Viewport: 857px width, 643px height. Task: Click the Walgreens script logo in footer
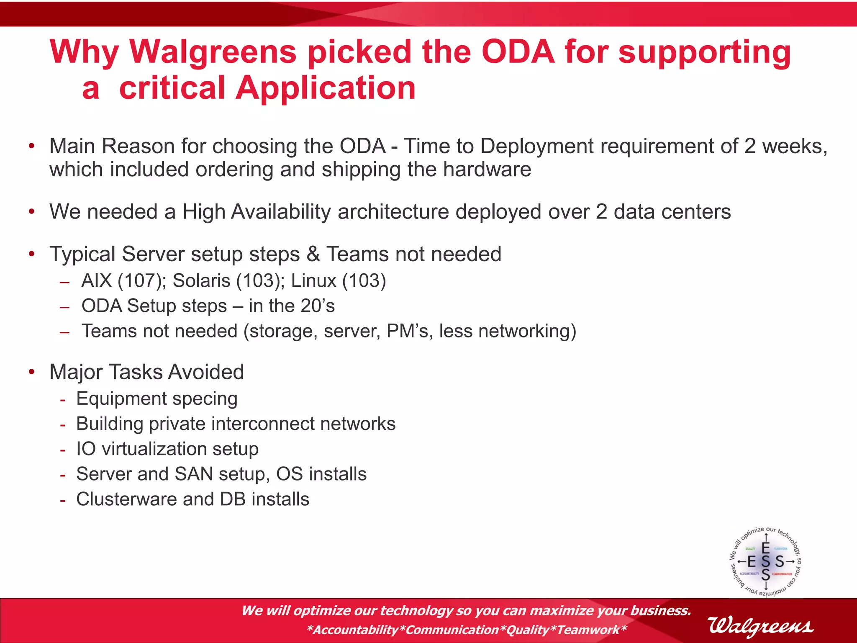(760, 626)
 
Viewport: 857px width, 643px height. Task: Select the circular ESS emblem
(765, 561)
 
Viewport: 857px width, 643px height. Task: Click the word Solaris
(201, 281)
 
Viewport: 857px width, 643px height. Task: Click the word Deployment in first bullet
(537, 147)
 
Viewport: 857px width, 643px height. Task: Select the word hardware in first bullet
(487, 170)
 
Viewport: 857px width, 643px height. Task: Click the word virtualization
(154, 449)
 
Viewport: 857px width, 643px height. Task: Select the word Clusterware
(126, 499)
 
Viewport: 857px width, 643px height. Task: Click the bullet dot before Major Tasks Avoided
(32, 372)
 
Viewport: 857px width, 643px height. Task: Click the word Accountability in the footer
(356, 630)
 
